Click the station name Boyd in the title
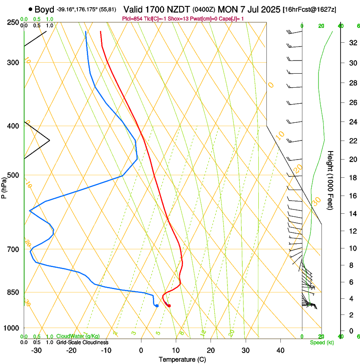(x=44, y=9)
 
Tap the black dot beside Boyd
(x=30, y=9)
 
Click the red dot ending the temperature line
(x=169, y=306)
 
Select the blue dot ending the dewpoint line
(x=157, y=306)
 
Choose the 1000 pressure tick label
(x=12, y=328)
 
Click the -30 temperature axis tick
(x=36, y=350)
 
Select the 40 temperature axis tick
(x=280, y=350)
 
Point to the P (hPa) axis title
(x=4, y=187)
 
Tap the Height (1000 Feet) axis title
(x=331, y=180)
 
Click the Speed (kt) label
(x=321, y=342)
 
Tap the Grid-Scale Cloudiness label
(x=82, y=342)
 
